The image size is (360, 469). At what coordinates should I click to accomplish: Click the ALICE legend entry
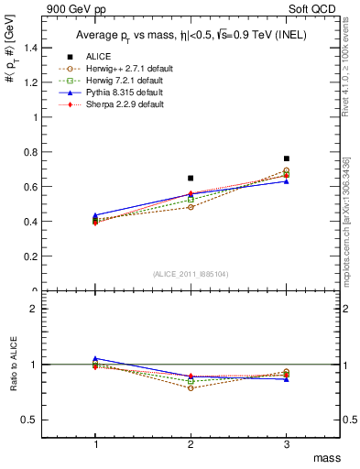[x=113, y=57]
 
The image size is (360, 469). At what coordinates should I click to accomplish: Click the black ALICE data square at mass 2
[x=191, y=178]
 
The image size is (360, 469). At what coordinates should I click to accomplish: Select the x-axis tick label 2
[x=191, y=444]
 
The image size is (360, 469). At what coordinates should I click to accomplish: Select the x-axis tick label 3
[x=287, y=444]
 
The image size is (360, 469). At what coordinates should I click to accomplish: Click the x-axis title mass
[x=328, y=457]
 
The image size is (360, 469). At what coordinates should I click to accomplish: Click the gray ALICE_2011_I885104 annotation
[x=191, y=274]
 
